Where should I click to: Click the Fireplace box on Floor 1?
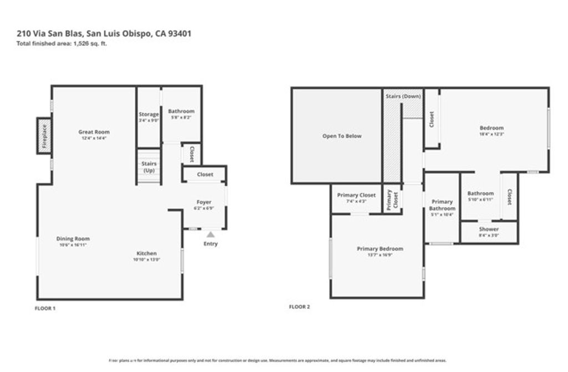[44, 135]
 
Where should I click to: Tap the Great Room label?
[94, 132]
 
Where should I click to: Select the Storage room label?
[149, 114]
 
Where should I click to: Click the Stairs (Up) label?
[149, 167]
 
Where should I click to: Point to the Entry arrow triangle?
[210, 235]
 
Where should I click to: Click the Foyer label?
[204, 202]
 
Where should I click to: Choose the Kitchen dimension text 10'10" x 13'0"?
[146, 260]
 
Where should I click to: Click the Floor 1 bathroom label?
[181, 111]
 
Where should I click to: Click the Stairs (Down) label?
[403, 97]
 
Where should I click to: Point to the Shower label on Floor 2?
[489, 229]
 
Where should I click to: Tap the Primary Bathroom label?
[442, 205]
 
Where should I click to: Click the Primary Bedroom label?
[380, 249]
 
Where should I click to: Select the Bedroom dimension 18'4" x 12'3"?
[491, 134]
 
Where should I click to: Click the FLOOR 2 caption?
[299, 306]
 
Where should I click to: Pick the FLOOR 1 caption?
[45, 308]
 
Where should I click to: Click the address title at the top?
[104, 33]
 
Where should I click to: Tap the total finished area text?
[62, 43]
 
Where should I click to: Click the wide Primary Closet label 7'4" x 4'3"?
[356, 195]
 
